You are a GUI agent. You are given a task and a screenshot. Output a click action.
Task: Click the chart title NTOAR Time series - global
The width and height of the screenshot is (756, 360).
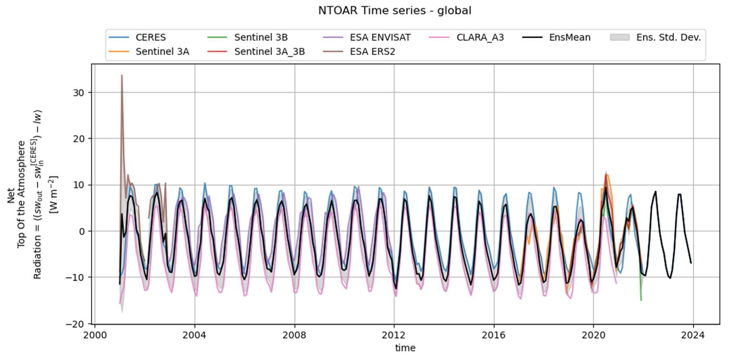point(394,10)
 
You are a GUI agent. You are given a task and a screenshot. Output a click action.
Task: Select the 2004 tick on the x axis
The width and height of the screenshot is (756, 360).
point(195,335)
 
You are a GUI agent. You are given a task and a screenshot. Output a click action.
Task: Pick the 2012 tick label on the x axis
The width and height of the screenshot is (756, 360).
point(394,335)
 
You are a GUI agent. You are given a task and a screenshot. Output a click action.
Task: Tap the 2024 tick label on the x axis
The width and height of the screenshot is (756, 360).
point(693,335)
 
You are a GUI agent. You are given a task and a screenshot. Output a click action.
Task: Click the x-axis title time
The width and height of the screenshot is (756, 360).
point(405,348)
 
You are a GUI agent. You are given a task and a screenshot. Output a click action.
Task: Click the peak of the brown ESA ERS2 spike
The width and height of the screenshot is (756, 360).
point(122,75)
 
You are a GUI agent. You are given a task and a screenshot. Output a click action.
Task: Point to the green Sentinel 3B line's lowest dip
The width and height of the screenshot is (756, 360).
point(641,300)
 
